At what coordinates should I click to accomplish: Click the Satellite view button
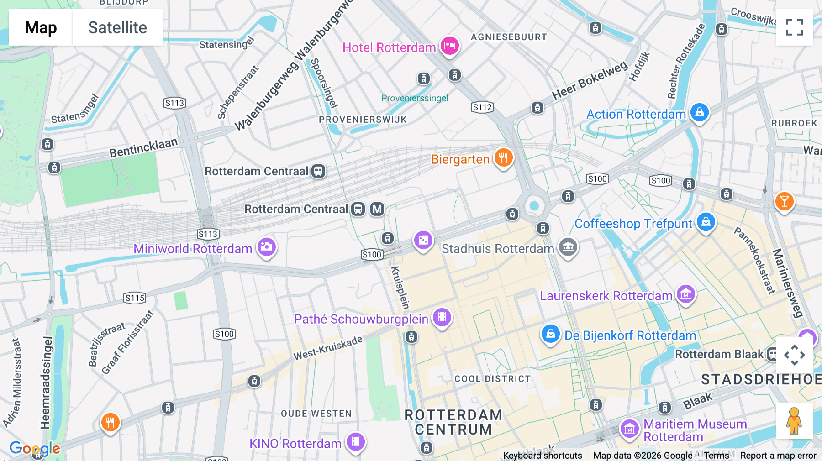117,27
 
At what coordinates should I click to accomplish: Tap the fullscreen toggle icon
794,27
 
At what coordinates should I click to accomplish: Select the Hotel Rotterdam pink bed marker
449,46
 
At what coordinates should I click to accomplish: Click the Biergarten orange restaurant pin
503,158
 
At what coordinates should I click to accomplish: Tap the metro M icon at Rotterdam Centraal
377,209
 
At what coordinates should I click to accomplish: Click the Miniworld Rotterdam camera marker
267,247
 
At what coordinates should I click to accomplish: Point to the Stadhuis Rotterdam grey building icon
568,247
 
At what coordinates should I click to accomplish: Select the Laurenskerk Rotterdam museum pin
685,294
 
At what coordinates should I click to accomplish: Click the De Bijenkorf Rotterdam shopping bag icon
550,334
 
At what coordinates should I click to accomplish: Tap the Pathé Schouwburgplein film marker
442,317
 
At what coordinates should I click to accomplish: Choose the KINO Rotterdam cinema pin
355,442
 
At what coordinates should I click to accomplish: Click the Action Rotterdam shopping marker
699,112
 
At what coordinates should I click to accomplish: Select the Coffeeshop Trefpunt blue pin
706,222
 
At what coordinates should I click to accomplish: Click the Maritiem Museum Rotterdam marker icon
629,429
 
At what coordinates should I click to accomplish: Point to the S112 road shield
482,107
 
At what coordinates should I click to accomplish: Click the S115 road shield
135,298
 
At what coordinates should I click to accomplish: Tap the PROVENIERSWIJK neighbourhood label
363,120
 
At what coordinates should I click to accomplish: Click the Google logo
35,449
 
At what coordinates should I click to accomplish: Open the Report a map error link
778,456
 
